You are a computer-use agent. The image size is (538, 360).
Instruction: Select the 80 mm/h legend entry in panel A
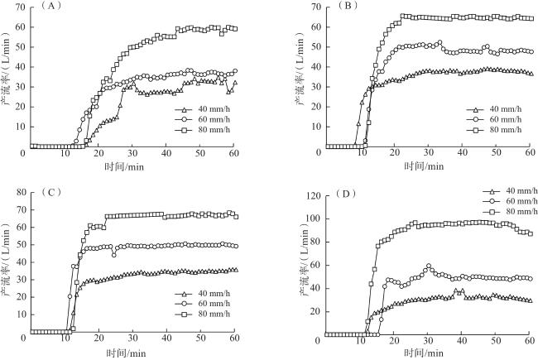pyautogui.click(x=205, y=130)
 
